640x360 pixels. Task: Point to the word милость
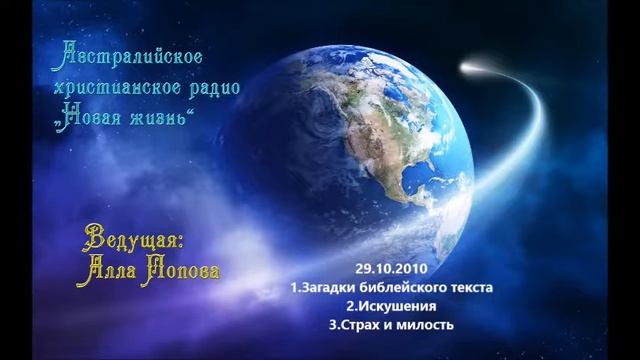(x=427, y=325)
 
